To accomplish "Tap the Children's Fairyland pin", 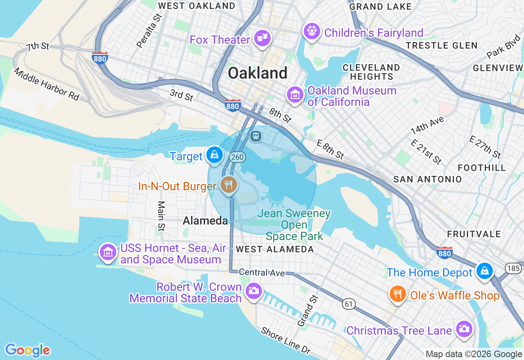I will point(312,32).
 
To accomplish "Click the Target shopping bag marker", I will point(214,155).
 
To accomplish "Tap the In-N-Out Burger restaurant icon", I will point(228,185).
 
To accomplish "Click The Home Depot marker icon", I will point(485,271).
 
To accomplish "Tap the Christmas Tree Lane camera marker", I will point(464,329).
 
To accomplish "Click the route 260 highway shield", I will point(237,157).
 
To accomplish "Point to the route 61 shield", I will point(348,304).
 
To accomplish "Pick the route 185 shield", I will point(513,268).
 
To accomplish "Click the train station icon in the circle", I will point(256,136).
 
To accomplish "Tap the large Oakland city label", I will point(257,73).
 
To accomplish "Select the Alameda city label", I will point(205,221).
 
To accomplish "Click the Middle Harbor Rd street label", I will point(46,84).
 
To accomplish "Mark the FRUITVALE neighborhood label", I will point(474,234).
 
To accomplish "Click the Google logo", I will point(27,350).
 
